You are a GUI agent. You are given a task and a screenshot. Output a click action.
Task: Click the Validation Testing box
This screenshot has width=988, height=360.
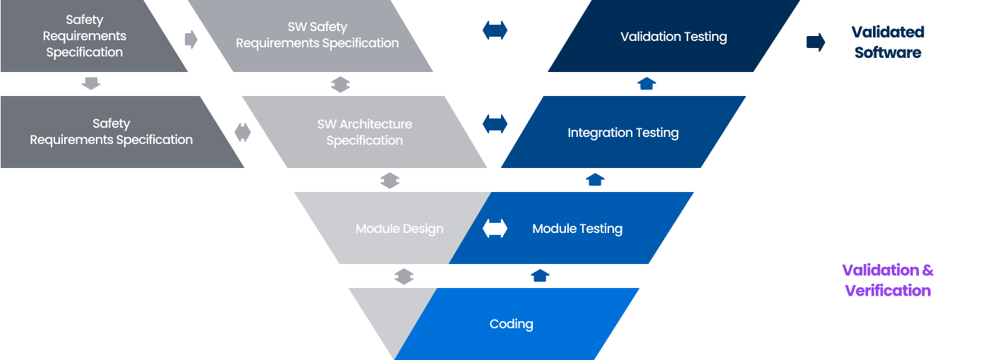[x=673, y=37]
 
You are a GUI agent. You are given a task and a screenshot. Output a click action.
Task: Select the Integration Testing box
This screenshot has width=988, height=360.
[x=623, y=133]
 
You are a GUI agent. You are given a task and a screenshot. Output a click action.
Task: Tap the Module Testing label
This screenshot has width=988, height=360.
[x=577, y=229]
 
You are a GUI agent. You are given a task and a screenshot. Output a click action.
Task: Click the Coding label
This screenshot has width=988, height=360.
[x=511, y=324]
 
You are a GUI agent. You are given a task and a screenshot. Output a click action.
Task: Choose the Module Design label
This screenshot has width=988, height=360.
[x=399, y=229]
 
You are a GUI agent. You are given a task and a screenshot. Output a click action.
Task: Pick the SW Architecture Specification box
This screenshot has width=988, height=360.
[x=365, y=132]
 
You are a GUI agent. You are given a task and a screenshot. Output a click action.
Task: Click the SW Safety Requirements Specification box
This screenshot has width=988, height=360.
[x=317, y=35]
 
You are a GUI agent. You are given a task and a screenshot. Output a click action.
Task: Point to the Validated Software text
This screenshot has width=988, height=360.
[x=887, y=42]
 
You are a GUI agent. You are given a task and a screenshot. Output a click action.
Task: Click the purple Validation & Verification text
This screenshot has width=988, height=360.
[x=888, y=280]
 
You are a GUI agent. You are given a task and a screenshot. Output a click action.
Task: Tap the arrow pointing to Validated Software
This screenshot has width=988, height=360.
[x=816, y=42]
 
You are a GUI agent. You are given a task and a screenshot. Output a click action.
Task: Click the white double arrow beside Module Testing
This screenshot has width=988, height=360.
[x=495, y=229]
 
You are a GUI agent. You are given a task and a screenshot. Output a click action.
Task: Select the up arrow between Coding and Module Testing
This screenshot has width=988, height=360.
[x=540, y=275]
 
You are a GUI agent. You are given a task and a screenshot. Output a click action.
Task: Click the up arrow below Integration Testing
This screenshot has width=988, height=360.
[x=595, y=180]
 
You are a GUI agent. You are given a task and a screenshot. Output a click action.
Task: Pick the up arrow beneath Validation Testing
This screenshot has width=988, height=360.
[x=646, y=84]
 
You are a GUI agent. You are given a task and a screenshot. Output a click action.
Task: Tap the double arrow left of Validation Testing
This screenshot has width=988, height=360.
[x=495, y=30]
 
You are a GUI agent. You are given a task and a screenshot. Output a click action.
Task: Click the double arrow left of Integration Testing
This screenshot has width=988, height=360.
[x=495, y=124]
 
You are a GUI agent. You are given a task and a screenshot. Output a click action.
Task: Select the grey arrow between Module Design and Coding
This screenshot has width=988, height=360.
[x=403, y=277]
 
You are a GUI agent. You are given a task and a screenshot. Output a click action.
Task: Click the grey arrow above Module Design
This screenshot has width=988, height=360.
[x=390, y=181]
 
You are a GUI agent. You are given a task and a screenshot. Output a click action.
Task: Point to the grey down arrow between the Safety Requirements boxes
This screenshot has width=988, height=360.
[x=91, y=84]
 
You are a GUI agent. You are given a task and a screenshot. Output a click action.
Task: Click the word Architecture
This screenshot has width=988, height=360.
[x=375, y=124]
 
